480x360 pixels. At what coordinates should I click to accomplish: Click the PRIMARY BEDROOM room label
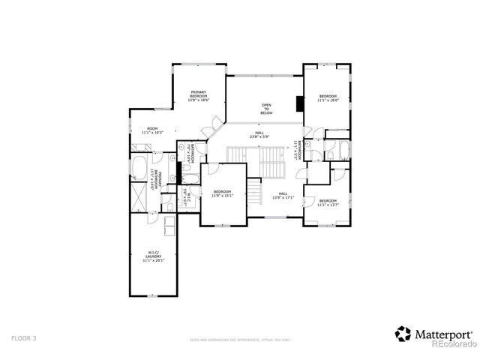[198, 95]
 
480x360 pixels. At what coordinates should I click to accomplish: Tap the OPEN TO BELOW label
[266, 109]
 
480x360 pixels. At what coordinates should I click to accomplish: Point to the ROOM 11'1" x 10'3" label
[152, 130]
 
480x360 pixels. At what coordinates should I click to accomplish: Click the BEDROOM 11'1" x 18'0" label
[328, 98]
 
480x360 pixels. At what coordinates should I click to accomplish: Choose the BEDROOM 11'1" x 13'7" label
[328, 202]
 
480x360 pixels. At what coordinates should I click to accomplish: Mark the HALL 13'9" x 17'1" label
[283, 195]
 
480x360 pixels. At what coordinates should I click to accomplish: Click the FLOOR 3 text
[23, 338]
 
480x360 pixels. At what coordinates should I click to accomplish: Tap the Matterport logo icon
[403, 332]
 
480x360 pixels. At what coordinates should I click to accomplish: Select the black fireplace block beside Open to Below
[299, 103]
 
